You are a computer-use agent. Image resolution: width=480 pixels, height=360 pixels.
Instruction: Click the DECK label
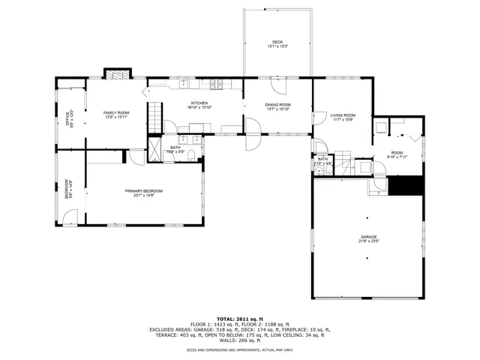tap(277, 41)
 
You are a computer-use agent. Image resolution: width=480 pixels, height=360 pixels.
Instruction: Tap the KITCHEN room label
tap(199, 103)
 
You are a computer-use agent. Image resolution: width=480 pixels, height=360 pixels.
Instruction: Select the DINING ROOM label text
tap(277, 104)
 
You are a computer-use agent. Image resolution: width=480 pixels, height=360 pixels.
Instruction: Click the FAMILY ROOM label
tap(116, 112)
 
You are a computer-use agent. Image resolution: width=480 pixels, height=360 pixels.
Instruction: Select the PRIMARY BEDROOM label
tap(143, 191)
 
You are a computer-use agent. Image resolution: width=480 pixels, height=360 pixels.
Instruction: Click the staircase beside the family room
tap(154, 115)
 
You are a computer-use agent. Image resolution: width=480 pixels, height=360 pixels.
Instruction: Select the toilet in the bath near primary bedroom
tap(191, 155)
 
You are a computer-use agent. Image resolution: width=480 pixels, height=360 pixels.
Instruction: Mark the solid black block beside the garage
tap(410, 184)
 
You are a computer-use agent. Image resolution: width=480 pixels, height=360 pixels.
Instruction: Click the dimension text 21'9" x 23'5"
tap(367, 241)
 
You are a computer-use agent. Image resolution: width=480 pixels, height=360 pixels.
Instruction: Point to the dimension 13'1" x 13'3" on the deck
tap(277, 46)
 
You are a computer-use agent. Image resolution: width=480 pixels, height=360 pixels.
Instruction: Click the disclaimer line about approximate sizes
tap(240, 349)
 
